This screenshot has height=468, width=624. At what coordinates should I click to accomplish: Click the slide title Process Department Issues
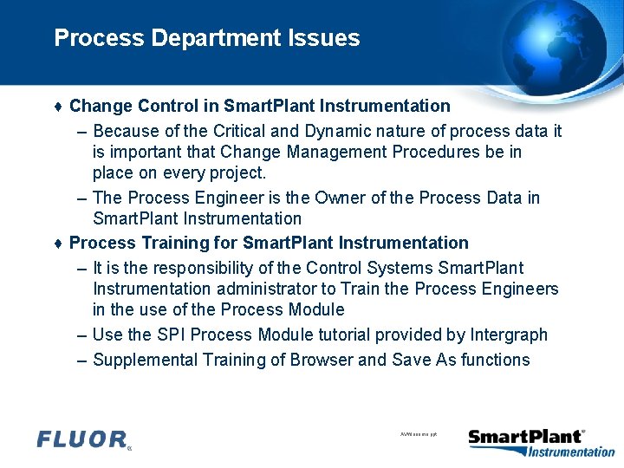point(206,38)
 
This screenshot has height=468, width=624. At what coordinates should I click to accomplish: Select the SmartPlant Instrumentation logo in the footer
point(541,442)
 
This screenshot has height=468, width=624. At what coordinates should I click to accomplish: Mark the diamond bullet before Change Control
point(57,107)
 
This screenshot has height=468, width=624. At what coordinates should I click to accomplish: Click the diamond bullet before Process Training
point(57,244)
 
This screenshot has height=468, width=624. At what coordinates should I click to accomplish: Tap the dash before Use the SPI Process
point(81,335)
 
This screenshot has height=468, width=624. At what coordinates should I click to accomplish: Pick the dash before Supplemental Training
point(81,360)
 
